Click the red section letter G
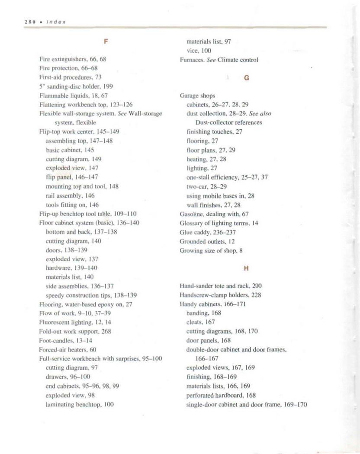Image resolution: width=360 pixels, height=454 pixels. pos(246,78)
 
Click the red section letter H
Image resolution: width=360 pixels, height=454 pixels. pos(246,268)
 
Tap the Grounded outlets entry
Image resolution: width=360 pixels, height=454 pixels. pos(207,241)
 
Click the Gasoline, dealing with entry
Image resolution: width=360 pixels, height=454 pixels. pos(214,214)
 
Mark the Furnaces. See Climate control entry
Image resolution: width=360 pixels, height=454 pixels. pos(219,60)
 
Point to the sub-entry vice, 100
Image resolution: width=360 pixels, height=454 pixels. pos(199,51)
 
